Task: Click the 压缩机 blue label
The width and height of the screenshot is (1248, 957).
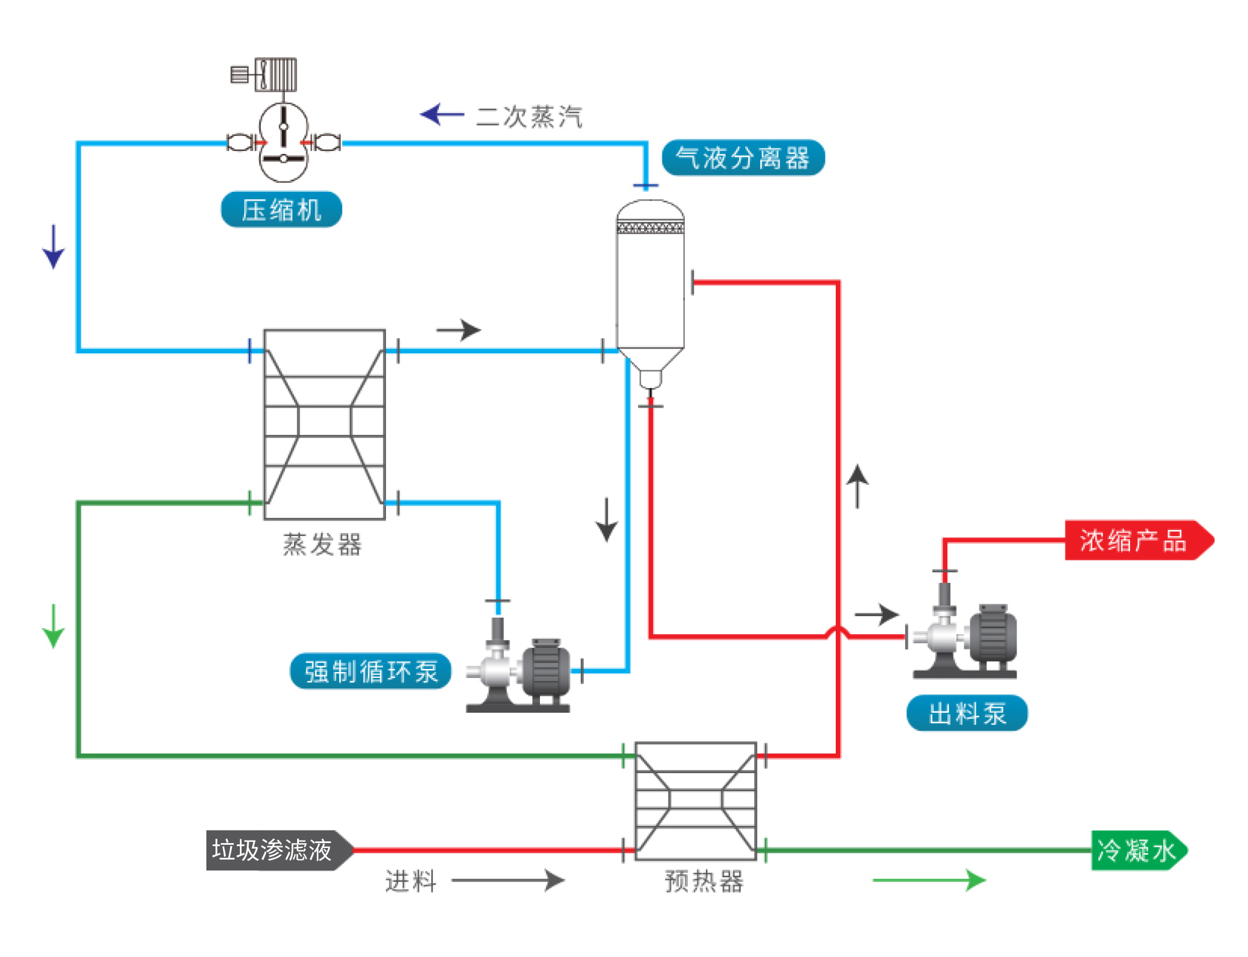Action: (281, 210)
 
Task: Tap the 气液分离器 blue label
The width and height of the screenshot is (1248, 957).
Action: (743, 158)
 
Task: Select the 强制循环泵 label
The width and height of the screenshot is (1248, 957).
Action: (371, 671)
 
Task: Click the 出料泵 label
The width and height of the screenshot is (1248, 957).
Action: (967, 713)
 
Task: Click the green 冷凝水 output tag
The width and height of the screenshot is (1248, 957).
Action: (1137, 850)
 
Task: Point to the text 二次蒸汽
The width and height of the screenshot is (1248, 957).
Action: (528, 116)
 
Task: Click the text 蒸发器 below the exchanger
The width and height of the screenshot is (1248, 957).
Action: (322, 544)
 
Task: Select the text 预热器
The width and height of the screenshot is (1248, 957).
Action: (704, 881)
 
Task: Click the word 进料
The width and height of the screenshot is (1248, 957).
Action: (411, 881)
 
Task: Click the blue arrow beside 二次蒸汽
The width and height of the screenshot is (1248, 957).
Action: (441, 114)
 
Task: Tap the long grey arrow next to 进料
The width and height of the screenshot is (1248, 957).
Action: (508, 880)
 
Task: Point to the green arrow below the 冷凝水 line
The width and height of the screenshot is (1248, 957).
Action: (929, 880)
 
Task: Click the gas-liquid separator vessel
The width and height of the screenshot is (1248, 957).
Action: (650, 286)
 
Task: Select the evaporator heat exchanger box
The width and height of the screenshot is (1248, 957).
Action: (324, 425)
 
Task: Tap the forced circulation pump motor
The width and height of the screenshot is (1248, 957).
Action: (545, 670)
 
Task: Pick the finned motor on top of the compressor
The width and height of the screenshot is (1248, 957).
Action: (275, 75)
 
